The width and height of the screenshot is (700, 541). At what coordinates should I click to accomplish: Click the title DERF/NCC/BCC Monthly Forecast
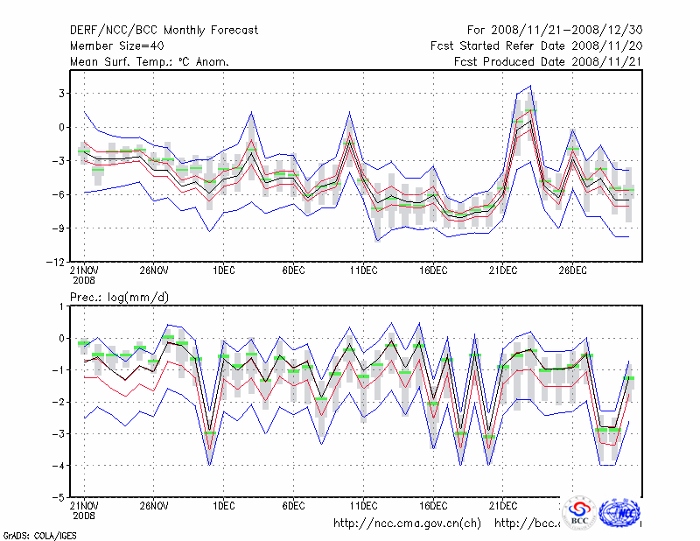(164, 30)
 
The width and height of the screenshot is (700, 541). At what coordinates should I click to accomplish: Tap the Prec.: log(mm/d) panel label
(120, 298)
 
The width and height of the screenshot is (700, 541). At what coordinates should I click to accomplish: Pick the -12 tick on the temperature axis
(56, 262)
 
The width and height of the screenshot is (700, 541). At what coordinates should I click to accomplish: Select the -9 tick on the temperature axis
(59, 228)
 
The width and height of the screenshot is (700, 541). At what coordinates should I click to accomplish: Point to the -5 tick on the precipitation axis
(59, 496)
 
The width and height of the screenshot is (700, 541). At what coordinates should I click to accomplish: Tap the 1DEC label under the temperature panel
(223, 271)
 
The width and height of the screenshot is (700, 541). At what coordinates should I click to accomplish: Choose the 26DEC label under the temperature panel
(572, 271)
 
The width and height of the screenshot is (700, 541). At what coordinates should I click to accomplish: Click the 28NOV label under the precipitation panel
(154, 506)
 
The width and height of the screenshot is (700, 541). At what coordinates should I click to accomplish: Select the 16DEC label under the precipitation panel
(432, 506)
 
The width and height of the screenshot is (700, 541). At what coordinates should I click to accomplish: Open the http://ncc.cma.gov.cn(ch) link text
(407, 523)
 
